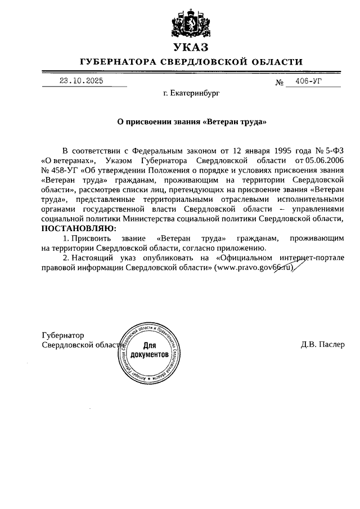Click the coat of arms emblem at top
click(191, 22)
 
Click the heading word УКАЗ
click(191, 47)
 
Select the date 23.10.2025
click(82, 81)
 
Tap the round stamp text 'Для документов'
click(149, 351)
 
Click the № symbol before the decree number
click(279, 83)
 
